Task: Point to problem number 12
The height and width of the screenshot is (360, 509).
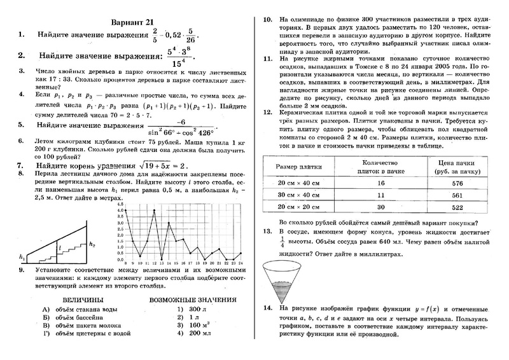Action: [267, 111]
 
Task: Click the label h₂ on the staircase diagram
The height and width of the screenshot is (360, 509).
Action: [93, 244]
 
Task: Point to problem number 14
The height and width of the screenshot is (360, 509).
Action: [267, 308]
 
